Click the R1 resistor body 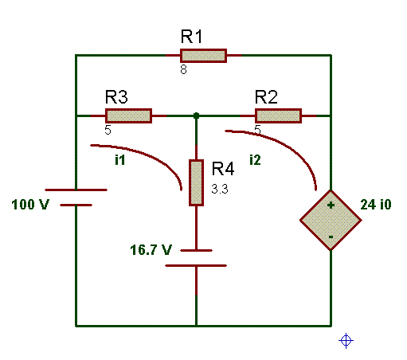click(x=203, y=56)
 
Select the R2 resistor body click(x=278, y=115)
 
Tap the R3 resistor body click(x=128, y=115)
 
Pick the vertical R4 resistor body click(x=196, y=182)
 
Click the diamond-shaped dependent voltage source click(x=331, y=220)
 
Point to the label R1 click(x=191, y=37)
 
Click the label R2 click(x=266, y=97)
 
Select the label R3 click(x=116, y=97)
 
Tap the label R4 click(x=223, y=169)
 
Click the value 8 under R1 click(x=183, y=69)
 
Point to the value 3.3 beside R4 click(x=220, y=189)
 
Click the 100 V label click(x=30, y=205)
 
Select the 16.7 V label click(x=151, y=250)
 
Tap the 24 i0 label click(x=376, y=205)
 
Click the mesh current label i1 click(x=120, y=160)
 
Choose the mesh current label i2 click(x=255, y=160)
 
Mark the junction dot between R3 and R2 click(x=196, y=115)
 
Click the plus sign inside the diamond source click(x=331, y=205)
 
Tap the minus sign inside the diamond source click(x=331, y=237)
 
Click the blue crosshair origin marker click(x=346, y=340)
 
